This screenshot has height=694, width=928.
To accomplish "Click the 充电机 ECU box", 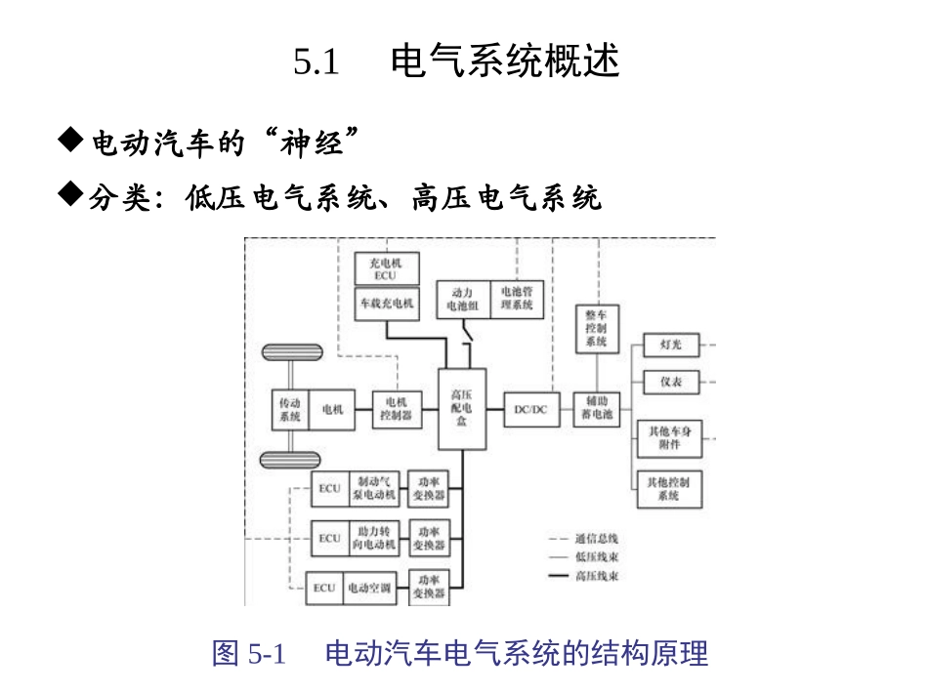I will pos(386,268).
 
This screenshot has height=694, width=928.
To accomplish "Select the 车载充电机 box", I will pos(386,303).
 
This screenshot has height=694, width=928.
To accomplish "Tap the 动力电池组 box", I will pos(463,299).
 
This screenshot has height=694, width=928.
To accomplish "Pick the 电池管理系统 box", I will pos(516,299).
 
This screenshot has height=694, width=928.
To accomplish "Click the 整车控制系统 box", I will pos(597,329).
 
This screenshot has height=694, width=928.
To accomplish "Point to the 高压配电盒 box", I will pos(462,408).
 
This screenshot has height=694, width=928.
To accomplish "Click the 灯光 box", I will pos(670,346).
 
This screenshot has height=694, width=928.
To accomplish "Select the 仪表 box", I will pos(670,382).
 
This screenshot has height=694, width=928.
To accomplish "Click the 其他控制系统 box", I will pos(669,489).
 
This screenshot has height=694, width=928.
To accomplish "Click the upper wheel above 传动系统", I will pos(290,353).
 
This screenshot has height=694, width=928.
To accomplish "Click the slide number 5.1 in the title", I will pos(316,62).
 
